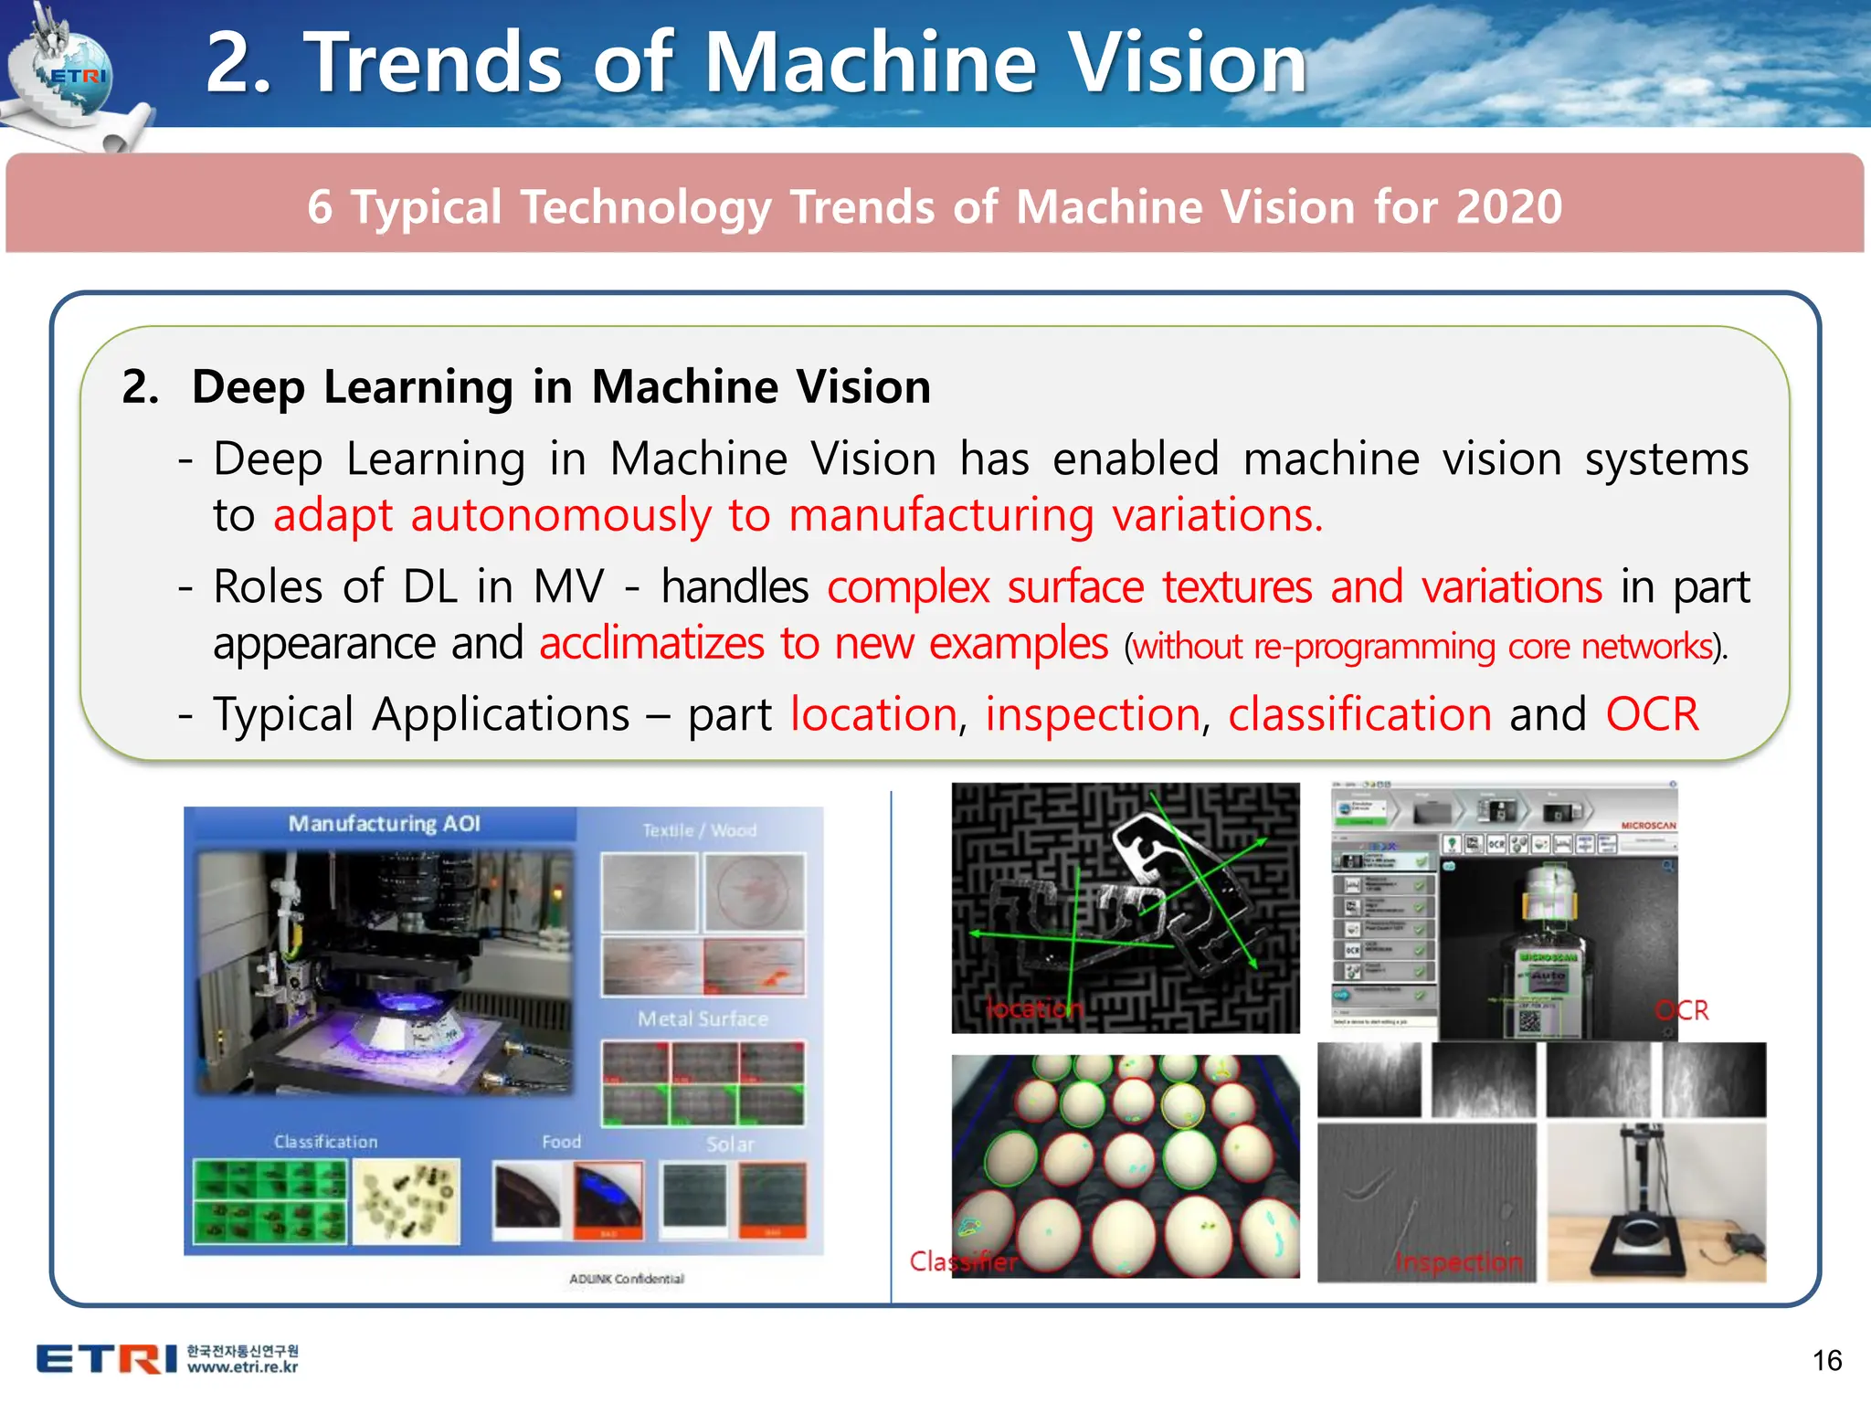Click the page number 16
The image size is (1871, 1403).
1827,1361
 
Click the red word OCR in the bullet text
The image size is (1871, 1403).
1652,714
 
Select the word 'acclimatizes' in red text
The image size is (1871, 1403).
651,644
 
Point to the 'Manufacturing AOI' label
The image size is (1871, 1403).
384,824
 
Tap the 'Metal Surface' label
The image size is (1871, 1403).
703,1018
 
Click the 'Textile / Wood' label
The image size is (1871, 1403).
699,830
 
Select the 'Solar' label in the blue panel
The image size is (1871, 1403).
730,1145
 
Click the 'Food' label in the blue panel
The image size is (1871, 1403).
561,1142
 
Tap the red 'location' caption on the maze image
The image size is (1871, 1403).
1034,1008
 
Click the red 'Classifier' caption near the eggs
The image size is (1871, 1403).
963,1262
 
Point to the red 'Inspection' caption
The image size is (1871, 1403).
1458,1262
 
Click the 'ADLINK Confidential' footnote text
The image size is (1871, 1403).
627,1279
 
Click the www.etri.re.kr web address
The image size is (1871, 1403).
242,1367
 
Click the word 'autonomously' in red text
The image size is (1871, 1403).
560,516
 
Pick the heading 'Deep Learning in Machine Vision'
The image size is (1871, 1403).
561,386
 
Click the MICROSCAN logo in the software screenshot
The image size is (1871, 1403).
1648,826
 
